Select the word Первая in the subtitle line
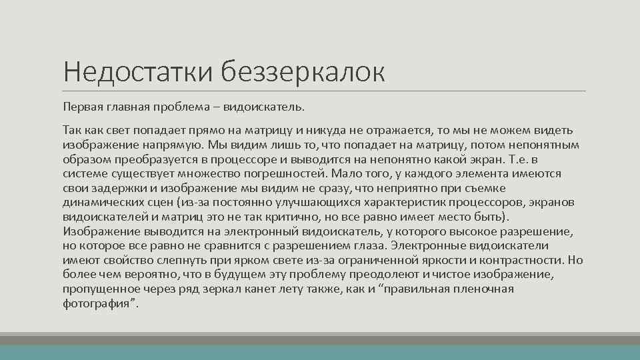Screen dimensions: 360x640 (81, 106)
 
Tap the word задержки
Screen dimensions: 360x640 (116, 189)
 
